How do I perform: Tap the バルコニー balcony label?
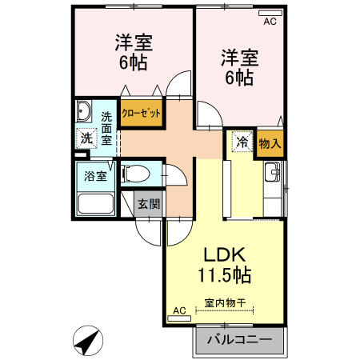238,339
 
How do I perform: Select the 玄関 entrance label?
148,203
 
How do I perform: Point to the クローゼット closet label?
142,113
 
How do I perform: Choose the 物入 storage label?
270,144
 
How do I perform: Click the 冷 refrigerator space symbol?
240,142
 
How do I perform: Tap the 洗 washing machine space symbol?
86,138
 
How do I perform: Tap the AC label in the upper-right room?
270,22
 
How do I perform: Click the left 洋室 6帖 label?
134,52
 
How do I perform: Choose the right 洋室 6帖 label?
238,67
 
